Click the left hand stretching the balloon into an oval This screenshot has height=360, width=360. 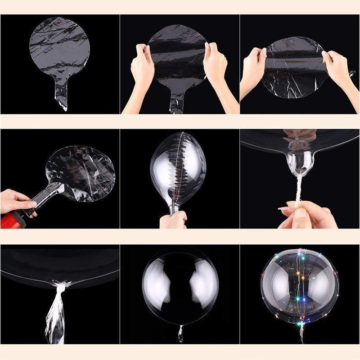(x=255, y=67)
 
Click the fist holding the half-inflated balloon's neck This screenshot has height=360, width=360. (x=173, y=220)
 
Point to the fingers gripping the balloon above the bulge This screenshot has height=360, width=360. (x=301, y=135)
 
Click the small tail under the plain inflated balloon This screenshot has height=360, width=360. (x=180, y=333)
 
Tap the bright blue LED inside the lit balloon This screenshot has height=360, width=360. (x=303, y=299)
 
